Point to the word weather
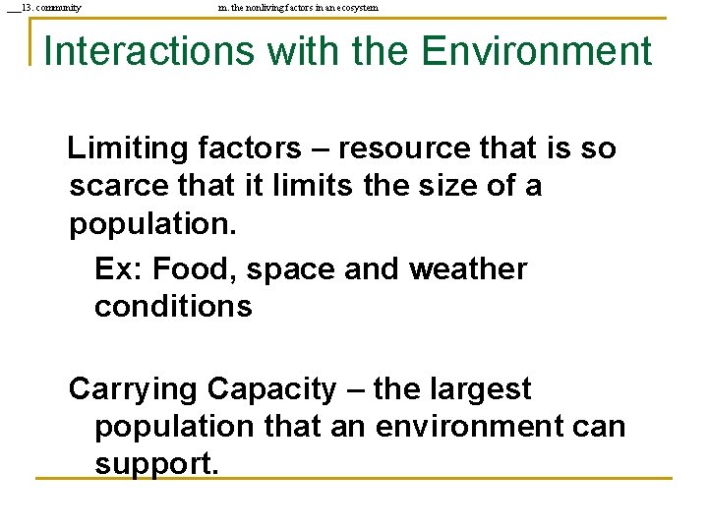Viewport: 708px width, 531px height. pyautogui.click(x=467, y=268)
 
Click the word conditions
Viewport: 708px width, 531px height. pyautogui.click(x=173, y=306)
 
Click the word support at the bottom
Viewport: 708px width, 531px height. pyautogui.click(x=156, y=463)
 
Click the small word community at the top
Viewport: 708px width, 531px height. pyautogui.click(x=59, y=8)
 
